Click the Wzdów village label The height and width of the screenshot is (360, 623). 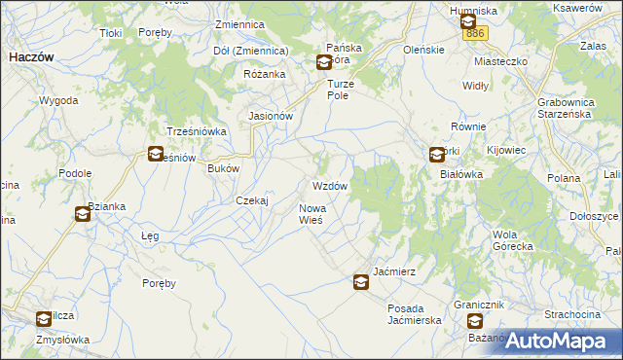329,186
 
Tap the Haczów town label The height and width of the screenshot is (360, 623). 30,57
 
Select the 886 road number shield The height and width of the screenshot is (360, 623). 475,34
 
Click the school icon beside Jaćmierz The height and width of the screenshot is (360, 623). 360,283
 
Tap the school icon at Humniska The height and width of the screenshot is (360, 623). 467,21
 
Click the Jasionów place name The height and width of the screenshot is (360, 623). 271,116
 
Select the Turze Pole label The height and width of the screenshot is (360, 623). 343,90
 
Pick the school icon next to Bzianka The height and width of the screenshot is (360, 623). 82,214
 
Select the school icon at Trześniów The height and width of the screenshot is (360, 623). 155,154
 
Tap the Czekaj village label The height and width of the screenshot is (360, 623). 252,200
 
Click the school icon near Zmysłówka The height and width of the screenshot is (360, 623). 43,318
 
